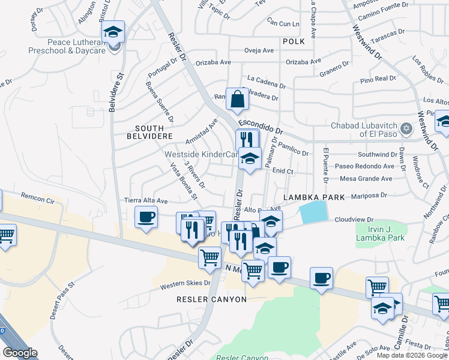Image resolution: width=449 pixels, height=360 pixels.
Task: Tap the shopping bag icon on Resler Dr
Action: click(238, 100)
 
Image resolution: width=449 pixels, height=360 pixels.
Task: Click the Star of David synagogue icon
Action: click(406, 128)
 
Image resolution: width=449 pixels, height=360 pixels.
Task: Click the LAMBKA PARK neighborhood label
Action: click(310, 197)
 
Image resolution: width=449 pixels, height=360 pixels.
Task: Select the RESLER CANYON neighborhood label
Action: click(211, 299)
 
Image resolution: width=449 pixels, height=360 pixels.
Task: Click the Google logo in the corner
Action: click(20, 352)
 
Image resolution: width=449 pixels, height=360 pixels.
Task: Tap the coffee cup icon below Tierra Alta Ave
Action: click(146, 217)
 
